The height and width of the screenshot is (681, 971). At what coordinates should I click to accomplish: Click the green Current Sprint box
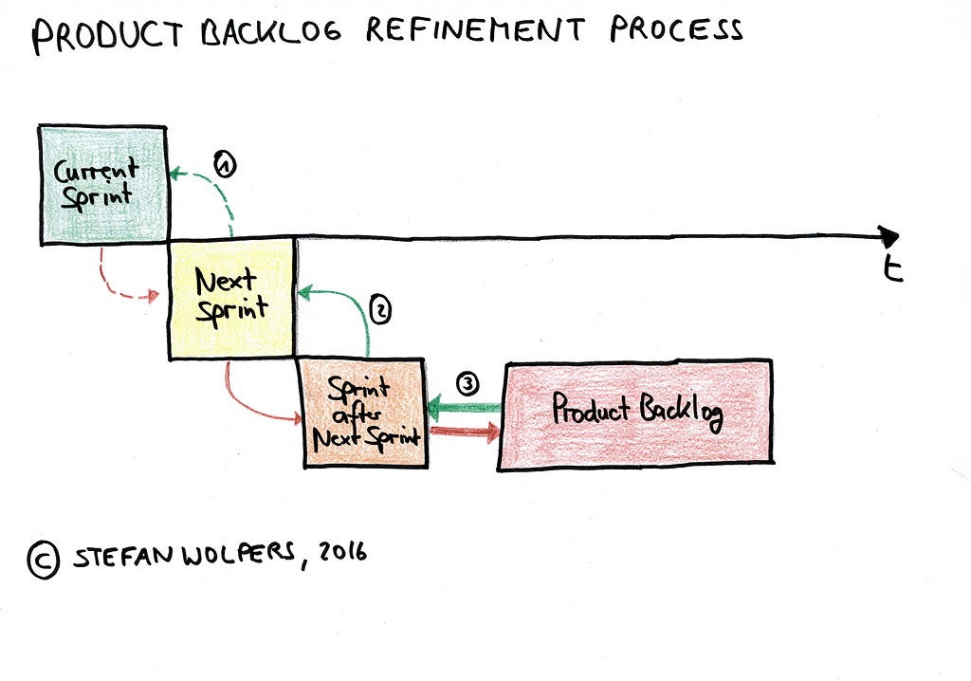coord(102,185)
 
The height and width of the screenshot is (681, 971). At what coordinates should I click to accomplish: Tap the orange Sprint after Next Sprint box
coord(363,413)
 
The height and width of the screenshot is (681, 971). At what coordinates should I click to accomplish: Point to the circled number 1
coord(224,164)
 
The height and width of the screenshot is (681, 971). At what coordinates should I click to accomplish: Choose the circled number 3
coord(467,384)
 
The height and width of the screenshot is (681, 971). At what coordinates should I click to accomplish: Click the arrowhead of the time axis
coord(889,236)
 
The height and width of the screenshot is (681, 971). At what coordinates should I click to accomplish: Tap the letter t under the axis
coord(891,270)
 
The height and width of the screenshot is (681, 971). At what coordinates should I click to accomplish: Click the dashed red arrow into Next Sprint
coord(119,285)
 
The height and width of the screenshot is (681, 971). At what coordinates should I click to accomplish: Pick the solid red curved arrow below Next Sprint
coord(247,403)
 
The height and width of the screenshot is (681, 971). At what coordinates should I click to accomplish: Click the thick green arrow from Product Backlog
coord(464,409)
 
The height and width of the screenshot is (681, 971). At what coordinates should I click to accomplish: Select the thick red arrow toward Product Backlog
coord(464,433)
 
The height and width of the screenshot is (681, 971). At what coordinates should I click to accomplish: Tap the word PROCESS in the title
coord(675,30)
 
